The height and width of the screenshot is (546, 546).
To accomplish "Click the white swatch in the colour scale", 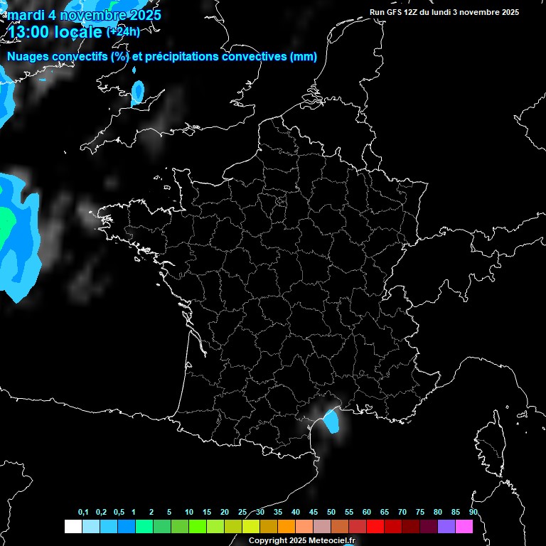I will point(73,527).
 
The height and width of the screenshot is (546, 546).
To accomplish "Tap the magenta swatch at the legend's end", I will point(464,527).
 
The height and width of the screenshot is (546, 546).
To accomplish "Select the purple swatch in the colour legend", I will point(446,527).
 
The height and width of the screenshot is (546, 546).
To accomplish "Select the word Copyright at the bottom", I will point(268,540).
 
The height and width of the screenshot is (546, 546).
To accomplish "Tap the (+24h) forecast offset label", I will point(123,31).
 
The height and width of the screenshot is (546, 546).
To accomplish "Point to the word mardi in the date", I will point(24,14).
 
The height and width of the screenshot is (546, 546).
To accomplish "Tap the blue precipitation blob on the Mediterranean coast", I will point(331,420).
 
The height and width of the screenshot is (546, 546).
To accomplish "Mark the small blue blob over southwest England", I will point(138,90).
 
